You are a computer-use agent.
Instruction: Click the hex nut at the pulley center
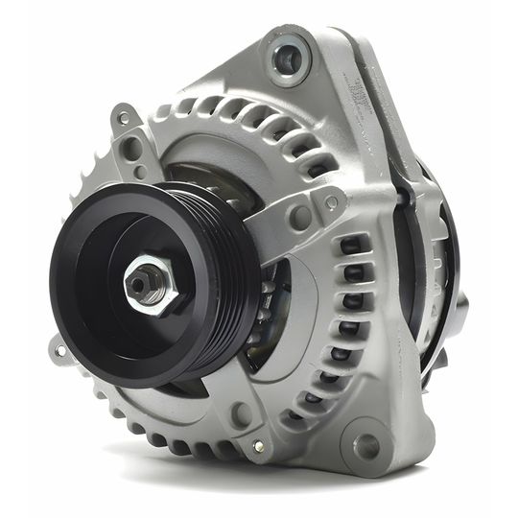151,287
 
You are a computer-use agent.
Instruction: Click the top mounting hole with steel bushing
288,59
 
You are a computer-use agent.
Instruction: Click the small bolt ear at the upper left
124,120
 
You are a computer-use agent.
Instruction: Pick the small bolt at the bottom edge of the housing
257,446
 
